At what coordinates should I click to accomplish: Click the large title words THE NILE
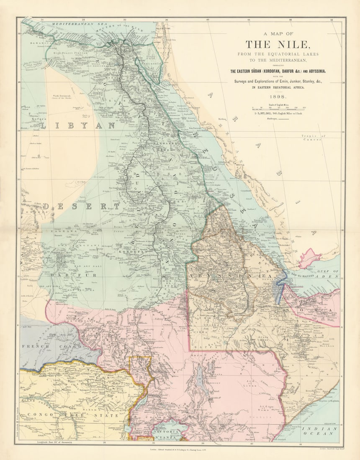pyautogui.click(x=278, y=44)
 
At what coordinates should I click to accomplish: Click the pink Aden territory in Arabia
pyautogui.click(x=309, y=256)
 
